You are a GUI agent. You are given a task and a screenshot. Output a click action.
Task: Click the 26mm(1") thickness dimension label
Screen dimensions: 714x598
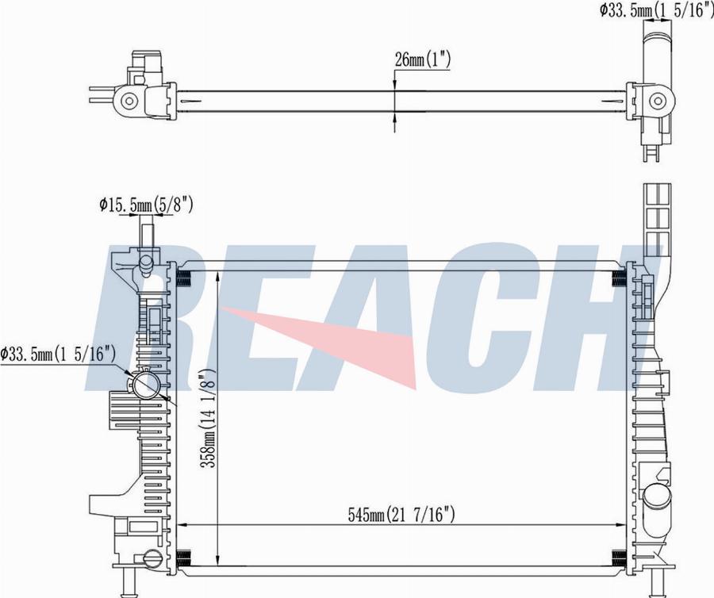click(x=423, y=59)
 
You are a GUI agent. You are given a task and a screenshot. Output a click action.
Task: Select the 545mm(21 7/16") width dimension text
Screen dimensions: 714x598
click(x=401, y=515)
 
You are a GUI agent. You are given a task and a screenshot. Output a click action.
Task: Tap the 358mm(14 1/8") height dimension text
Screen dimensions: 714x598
click(x=208, y=419)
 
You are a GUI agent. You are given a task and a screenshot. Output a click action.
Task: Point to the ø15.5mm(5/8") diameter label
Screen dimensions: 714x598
click(x=146, y=205)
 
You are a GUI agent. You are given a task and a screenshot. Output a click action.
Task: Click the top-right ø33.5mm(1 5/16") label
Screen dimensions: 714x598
click(x=656, y=10)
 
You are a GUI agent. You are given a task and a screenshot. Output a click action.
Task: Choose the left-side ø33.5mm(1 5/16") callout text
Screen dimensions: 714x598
click(x=57, y=353)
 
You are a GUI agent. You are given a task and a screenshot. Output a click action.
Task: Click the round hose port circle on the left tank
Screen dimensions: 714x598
click(x=145, y=385)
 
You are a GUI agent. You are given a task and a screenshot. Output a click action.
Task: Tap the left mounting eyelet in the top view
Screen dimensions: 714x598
click(x=129, y=101)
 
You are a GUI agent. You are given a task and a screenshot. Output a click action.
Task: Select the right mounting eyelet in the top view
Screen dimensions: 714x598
click(x=657, y=101)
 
